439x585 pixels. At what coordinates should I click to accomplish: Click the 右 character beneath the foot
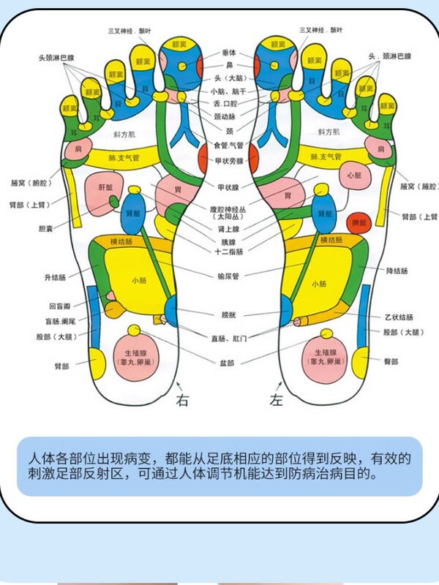click(x=182, y=400)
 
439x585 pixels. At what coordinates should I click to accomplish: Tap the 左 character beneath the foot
click(x=277, y=400)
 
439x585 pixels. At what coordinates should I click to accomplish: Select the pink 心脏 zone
click(x=354, y=175)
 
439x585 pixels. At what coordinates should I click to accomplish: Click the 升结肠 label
click(x=55, y=278)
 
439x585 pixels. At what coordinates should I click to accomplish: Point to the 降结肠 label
click(x=397, y=271)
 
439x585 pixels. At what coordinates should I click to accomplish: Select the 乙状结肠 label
click(x=399, y=317)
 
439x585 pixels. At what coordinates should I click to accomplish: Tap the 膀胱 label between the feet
click(x=229, y=316)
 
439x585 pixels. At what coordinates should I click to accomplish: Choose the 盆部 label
click(x=227, y=363)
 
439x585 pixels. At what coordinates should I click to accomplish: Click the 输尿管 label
click(x=228, y=276)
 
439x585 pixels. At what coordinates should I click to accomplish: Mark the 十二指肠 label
click(x=228, y=252)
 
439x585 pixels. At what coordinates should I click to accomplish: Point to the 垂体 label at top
click(x=228, y=53)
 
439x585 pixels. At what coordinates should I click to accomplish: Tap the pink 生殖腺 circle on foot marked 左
click(x=322, y=356)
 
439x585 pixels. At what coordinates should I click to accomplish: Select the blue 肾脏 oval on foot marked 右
click(x=132, y=213)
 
